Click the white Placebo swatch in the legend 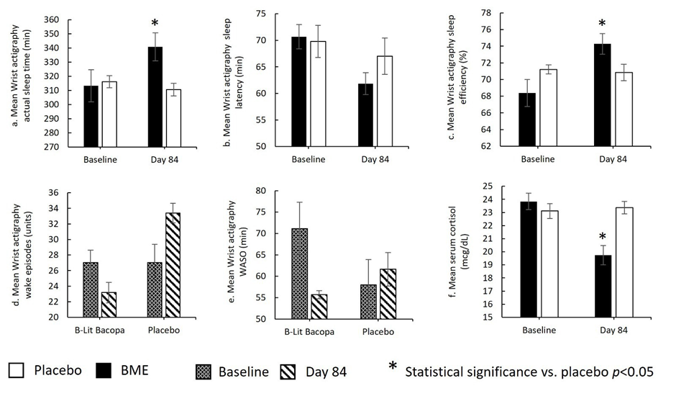[x=17, y=371]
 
